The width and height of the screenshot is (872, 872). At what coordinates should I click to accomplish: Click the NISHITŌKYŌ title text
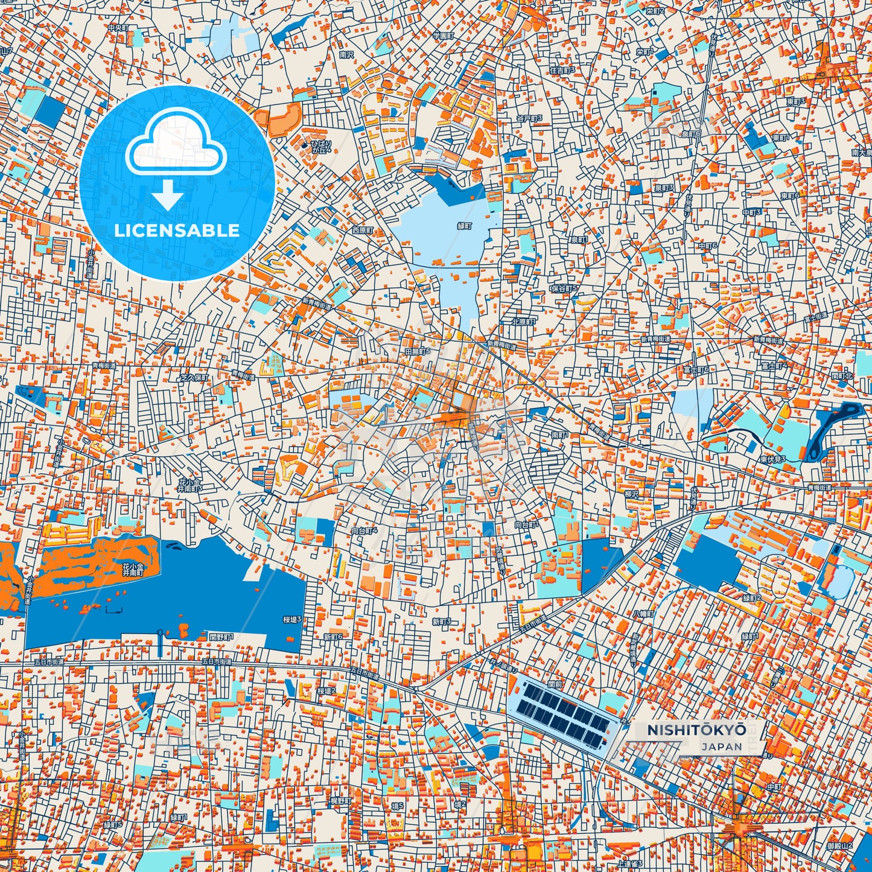[x=696, y=730]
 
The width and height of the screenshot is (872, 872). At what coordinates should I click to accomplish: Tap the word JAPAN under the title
[x=722, y=746]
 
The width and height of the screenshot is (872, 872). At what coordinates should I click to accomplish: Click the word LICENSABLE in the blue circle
[x=177, y=230]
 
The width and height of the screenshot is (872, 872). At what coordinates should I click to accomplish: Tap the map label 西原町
[x=363, y=231]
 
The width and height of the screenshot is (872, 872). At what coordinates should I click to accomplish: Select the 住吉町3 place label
[x=562, y=70]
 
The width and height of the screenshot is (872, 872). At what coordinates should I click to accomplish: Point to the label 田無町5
[x=418, y=351]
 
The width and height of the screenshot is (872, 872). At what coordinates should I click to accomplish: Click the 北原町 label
[x=523, y=322]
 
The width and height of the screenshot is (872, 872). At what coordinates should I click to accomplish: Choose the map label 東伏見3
[x=772, y=459]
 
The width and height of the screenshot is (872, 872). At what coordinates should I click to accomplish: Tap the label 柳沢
[x=632, y=494]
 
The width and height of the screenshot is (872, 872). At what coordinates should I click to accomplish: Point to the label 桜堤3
[x=292, y=619]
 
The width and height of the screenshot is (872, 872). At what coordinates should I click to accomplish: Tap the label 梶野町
[x=340, y=800]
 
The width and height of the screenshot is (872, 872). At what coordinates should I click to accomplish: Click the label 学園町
[x=442, y=36]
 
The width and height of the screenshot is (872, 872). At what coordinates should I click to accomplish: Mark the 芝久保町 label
[x=194, y=377]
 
